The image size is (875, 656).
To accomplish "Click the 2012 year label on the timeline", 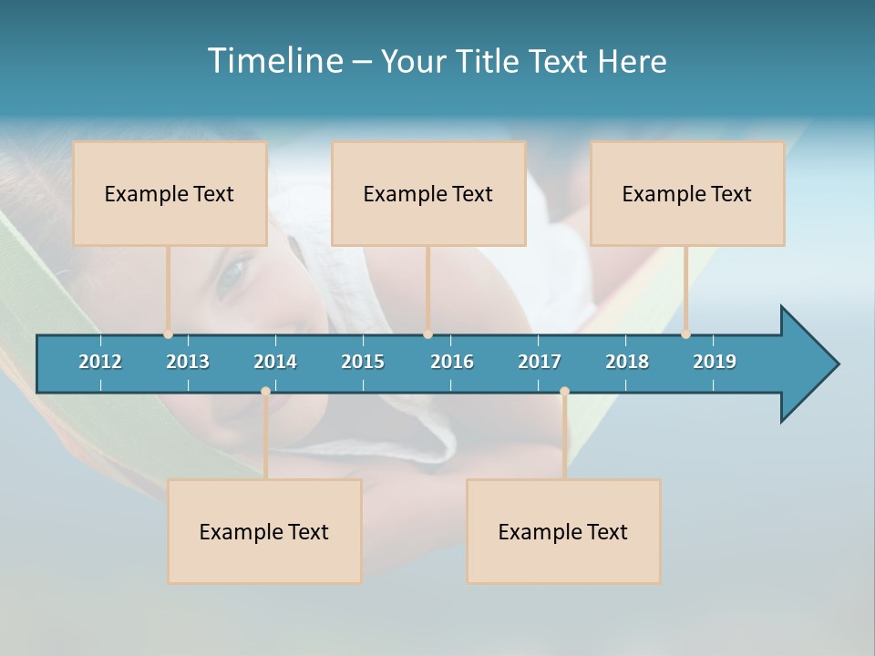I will pos(100,362).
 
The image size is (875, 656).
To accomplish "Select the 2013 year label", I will pos(188,362).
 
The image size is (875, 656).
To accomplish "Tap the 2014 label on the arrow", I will pos(275,362).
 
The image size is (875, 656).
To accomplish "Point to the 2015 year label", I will pos(363,362).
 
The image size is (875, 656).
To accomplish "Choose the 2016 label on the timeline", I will pos(452,362).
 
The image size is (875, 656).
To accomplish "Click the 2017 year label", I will pos(540,362).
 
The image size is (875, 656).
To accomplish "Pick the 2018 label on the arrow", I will pos(627,362).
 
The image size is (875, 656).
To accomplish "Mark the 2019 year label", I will pos(715,362).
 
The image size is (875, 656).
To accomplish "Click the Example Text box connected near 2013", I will pos(170,194).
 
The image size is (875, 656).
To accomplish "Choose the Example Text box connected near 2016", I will pos(428,194).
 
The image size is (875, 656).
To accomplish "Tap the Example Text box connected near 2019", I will pos(687,194).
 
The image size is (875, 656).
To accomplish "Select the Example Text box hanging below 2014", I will pos(264,532).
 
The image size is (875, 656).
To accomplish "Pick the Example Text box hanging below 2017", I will pos(563,532).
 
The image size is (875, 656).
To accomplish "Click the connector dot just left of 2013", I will pos(169,334).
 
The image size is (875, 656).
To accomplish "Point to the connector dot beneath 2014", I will pos(265,392).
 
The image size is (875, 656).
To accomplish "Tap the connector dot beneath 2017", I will pos(564,392).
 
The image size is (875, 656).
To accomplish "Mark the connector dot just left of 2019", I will pos(685,334).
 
